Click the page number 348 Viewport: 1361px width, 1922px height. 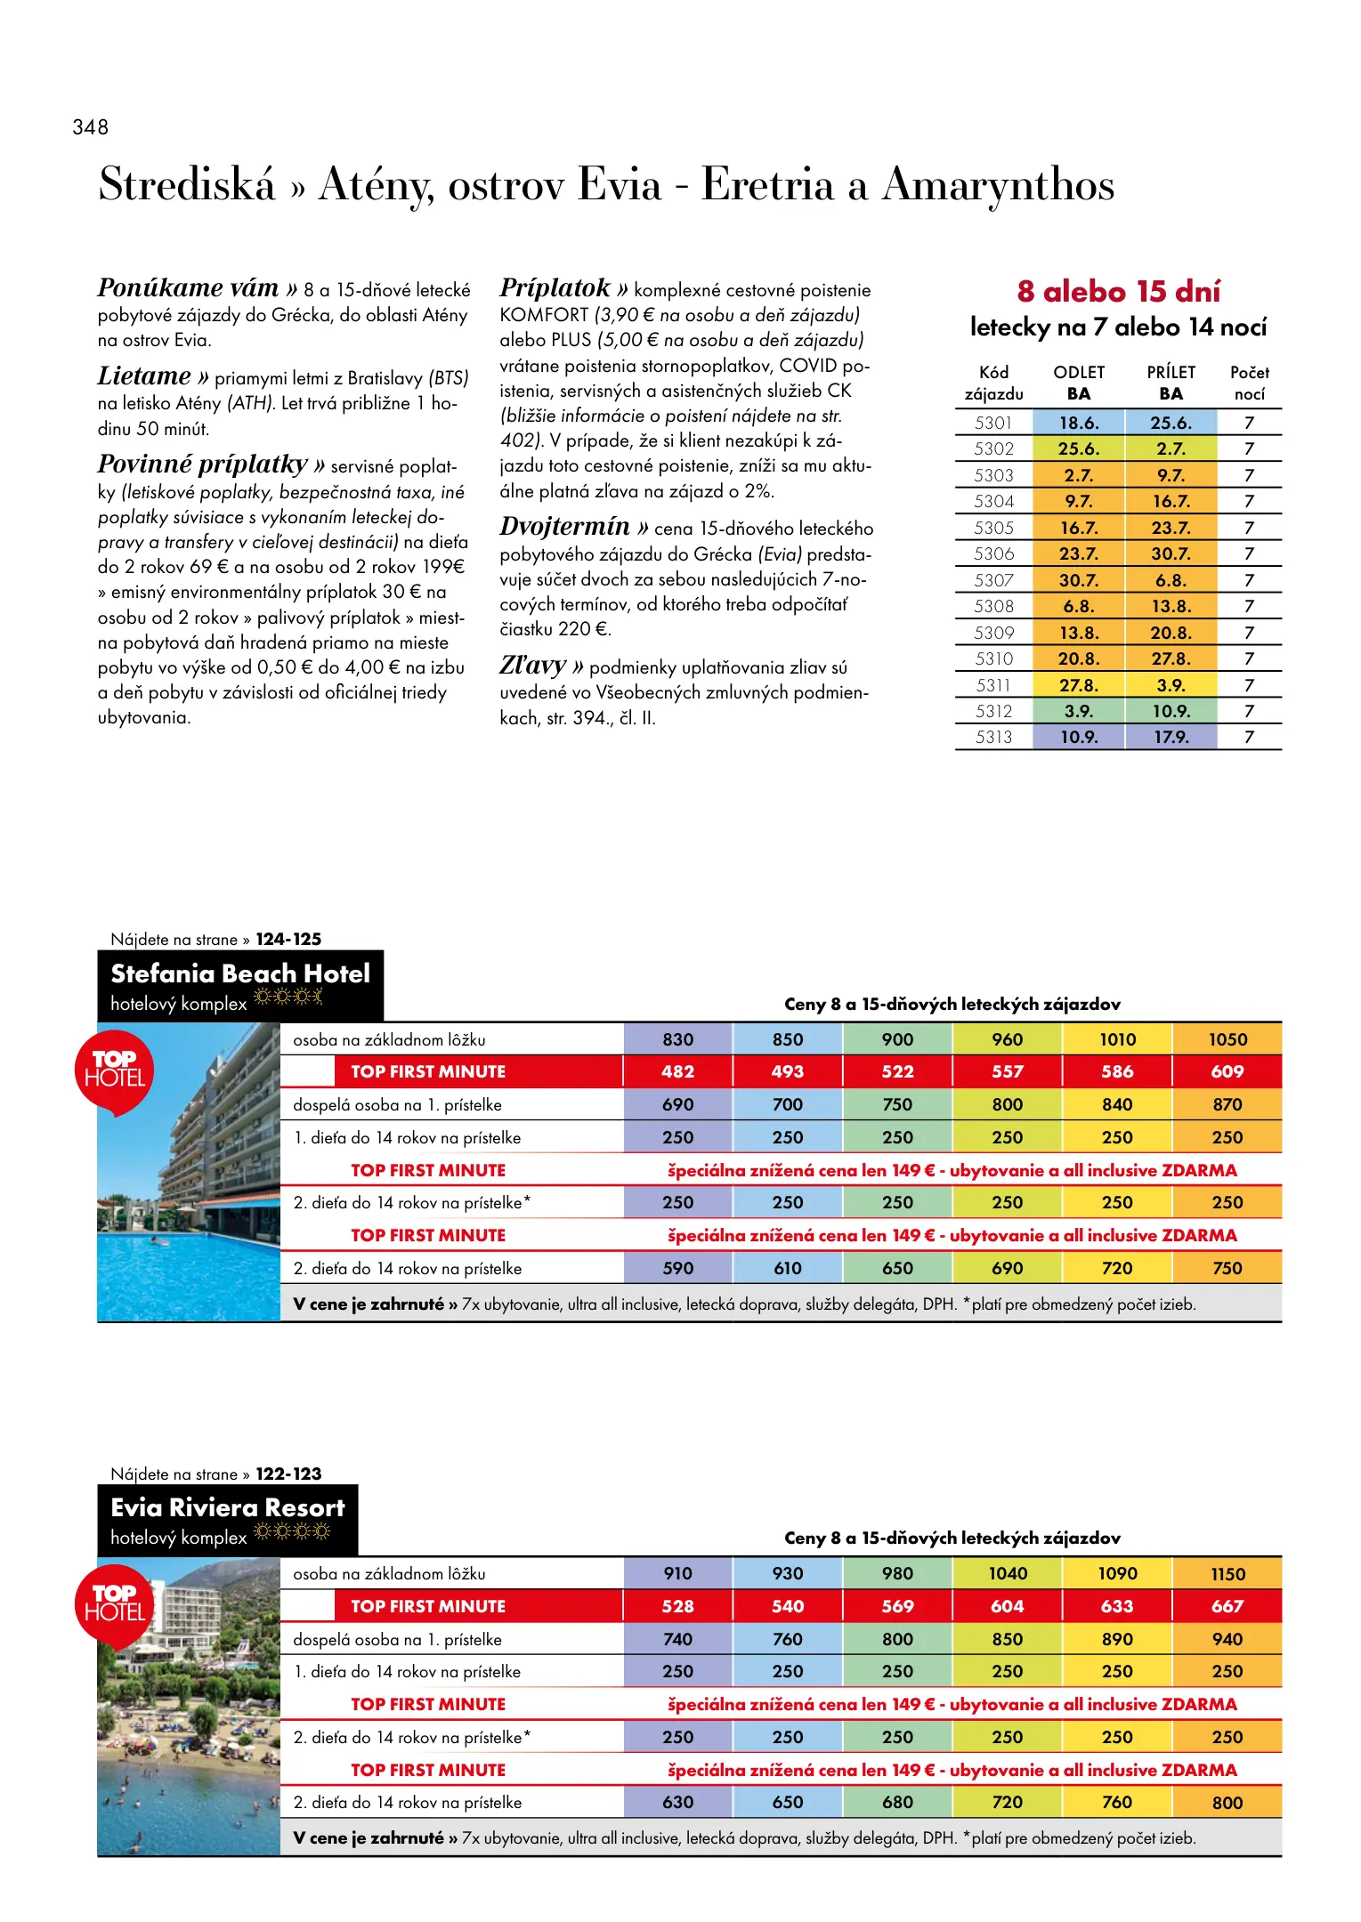(x=90, y=127)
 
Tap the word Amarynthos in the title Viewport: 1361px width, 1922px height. (x=998, y=185)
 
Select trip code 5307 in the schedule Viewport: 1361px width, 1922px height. (x=993, y=580)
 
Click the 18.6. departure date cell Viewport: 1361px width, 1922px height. (x=1078, y=423)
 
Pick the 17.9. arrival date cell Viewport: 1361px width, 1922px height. (x=1171, y=737)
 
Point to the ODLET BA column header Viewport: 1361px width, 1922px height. (x=1079, y=383)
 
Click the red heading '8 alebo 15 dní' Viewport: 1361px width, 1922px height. (x=1118, y=291)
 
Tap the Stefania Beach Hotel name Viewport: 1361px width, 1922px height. (x=240, y=973)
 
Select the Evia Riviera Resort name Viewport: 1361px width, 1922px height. (x=228, y=1507)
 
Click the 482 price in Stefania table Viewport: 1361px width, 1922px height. (x=677, y=1071)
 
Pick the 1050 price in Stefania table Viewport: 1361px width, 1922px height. (x=1227, y=1039)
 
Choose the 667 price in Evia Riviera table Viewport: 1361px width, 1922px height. (x=1227, y=1606)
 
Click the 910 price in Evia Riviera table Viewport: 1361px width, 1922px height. (x=677, y=1573)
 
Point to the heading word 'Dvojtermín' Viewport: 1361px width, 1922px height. (x=565, y=527)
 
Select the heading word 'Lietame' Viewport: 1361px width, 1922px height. (x=144, y=376)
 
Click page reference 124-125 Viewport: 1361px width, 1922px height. (x=288, y=939)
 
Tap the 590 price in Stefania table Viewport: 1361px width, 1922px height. (x=677, y=1268)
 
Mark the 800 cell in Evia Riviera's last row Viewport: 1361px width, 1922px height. (x=1227, y=1803)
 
